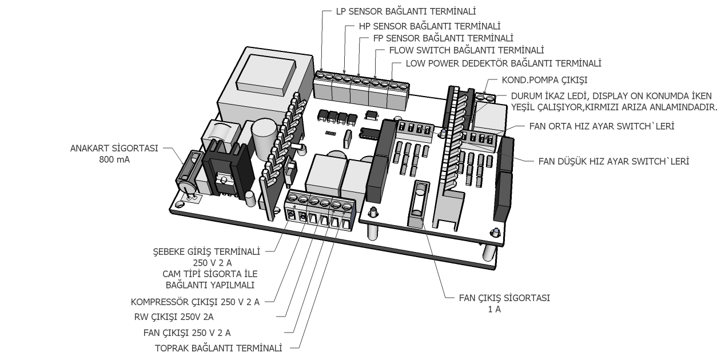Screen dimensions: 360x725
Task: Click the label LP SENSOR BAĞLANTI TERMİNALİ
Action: pyautogui.click(x=407, y=11)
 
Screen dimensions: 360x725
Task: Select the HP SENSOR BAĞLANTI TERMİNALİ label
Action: pyautogui.click(x=429, y=26)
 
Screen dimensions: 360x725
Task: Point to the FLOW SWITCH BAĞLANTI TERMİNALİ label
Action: pyautogui.click(x=466, y=50)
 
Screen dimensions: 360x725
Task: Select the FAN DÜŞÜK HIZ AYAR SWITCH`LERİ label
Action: pyautogui.click(x=614, y=161)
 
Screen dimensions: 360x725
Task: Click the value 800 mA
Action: pyautogui.click(x=114, y=160)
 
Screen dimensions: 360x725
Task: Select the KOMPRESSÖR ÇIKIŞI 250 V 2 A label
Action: pyautogui.click(x=195, y=302)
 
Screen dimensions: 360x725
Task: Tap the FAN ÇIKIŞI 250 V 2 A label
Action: pyautogui.click(x=189, y=332)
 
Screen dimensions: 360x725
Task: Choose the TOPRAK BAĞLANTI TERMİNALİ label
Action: pyautogui.click(x=219, y=348)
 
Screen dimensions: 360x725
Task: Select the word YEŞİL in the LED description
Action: pyautogui.click(x=513, y=107)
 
